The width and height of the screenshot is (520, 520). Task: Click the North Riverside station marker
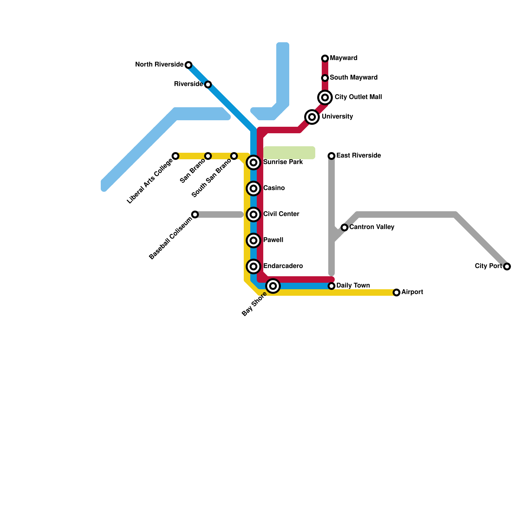tap(188, 65)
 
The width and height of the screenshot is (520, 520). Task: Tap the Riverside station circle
tap(208, 84)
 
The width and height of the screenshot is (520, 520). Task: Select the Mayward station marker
tap(325, 58)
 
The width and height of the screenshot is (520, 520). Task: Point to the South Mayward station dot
tap(325, 78)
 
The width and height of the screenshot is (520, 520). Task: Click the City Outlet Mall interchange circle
tap(325, 97)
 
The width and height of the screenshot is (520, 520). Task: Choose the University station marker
tap(312, 117)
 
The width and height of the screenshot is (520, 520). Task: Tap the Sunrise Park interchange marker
tap(253, 162)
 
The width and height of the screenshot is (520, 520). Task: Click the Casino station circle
tap(253, 188)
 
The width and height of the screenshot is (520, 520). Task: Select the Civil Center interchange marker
tap(253, 214)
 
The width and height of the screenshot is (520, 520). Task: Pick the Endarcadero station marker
tap(253, 266)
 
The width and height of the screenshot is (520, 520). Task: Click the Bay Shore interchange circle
tap(273, 286)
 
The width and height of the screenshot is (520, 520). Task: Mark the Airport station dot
tap(396, 292)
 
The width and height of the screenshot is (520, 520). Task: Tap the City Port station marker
tap(507, 266)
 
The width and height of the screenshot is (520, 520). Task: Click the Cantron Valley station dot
tap(344, 227)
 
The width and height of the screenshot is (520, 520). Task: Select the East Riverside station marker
tap(331, 156)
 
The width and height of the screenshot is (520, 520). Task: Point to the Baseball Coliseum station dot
tap(195, 214)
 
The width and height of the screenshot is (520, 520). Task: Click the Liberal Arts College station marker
tap(175, 156)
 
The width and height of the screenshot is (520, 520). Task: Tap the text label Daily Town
tap(353, 286)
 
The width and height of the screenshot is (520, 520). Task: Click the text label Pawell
tap(273, 240)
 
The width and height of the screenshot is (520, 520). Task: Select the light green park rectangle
tap(289, 153)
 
